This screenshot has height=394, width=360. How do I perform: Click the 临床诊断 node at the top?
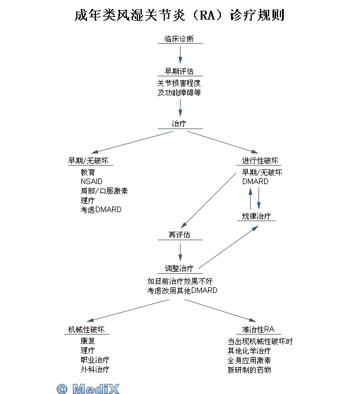[x=179, y=39]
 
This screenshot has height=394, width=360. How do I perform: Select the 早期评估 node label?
[x=179, y=72]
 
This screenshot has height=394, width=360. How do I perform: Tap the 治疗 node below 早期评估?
[x=179, y=123]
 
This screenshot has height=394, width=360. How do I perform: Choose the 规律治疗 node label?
[x=256, y=216]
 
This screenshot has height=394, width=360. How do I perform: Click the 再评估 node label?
[x=179, y=235]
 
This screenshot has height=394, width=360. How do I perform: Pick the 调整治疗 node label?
[x=179, y=268]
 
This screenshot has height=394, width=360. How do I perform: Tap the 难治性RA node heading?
[x=259, y=329]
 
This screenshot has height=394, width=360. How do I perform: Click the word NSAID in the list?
[x=91, y=181]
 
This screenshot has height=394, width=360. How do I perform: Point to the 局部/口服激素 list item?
[x=104, y=191]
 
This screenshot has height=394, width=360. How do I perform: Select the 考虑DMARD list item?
[x=100, y=209]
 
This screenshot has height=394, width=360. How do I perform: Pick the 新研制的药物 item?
[x=249, y=370]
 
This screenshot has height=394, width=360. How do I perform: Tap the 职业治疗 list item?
[x=95, y=359]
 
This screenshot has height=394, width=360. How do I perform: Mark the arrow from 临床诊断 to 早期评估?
[x=180, y=53]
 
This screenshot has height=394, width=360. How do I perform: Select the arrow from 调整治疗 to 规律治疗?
[x=227, y=247]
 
